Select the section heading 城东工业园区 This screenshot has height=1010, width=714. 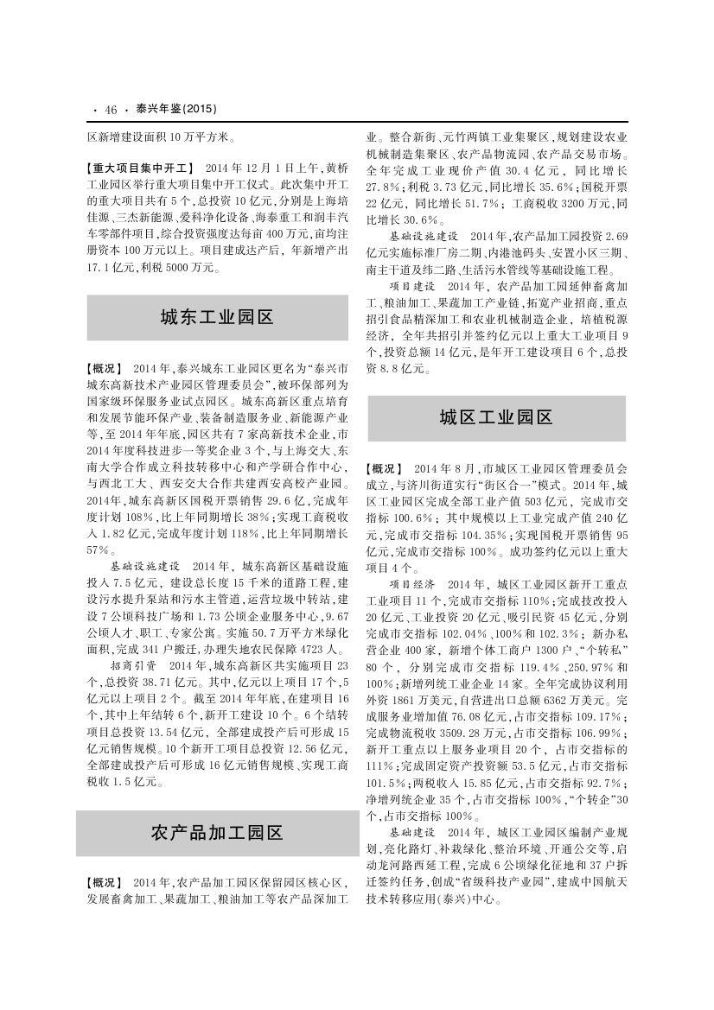(x=217, y=317)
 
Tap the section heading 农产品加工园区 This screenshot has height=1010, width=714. (x=217, y=833)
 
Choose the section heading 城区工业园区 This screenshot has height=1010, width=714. (x=496, y=418)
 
